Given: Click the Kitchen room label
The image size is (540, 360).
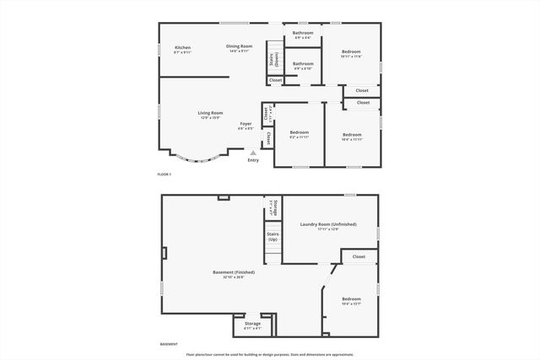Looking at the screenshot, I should pos(182,49).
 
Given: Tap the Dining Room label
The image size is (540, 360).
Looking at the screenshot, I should pos(239,48).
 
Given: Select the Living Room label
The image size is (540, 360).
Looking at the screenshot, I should pos(210,115).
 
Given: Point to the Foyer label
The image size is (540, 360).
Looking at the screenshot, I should pos(246,126).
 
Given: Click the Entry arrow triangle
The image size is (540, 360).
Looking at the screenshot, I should pos(253,153).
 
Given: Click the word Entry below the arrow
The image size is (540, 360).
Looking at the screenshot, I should pos(253,160).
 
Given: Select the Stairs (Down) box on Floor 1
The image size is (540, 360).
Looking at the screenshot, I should pos(275,59).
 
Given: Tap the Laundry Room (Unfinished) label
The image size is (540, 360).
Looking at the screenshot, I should pos(328,226).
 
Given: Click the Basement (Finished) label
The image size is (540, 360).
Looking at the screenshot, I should pos(234,274).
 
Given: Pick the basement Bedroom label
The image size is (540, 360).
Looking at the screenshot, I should pos(351,302).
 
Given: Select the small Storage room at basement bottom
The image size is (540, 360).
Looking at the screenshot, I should pos(253,325).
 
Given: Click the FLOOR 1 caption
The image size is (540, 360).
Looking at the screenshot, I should pos(164,174).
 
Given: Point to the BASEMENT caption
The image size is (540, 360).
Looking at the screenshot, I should pos(169,344).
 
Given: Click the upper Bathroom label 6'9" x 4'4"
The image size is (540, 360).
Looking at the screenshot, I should pos(303,35).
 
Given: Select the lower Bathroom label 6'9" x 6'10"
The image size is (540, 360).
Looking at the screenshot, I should pos(303,65).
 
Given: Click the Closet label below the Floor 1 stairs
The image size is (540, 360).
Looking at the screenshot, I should pos(276,80).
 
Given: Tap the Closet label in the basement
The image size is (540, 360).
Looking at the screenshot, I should pos(359,256).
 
